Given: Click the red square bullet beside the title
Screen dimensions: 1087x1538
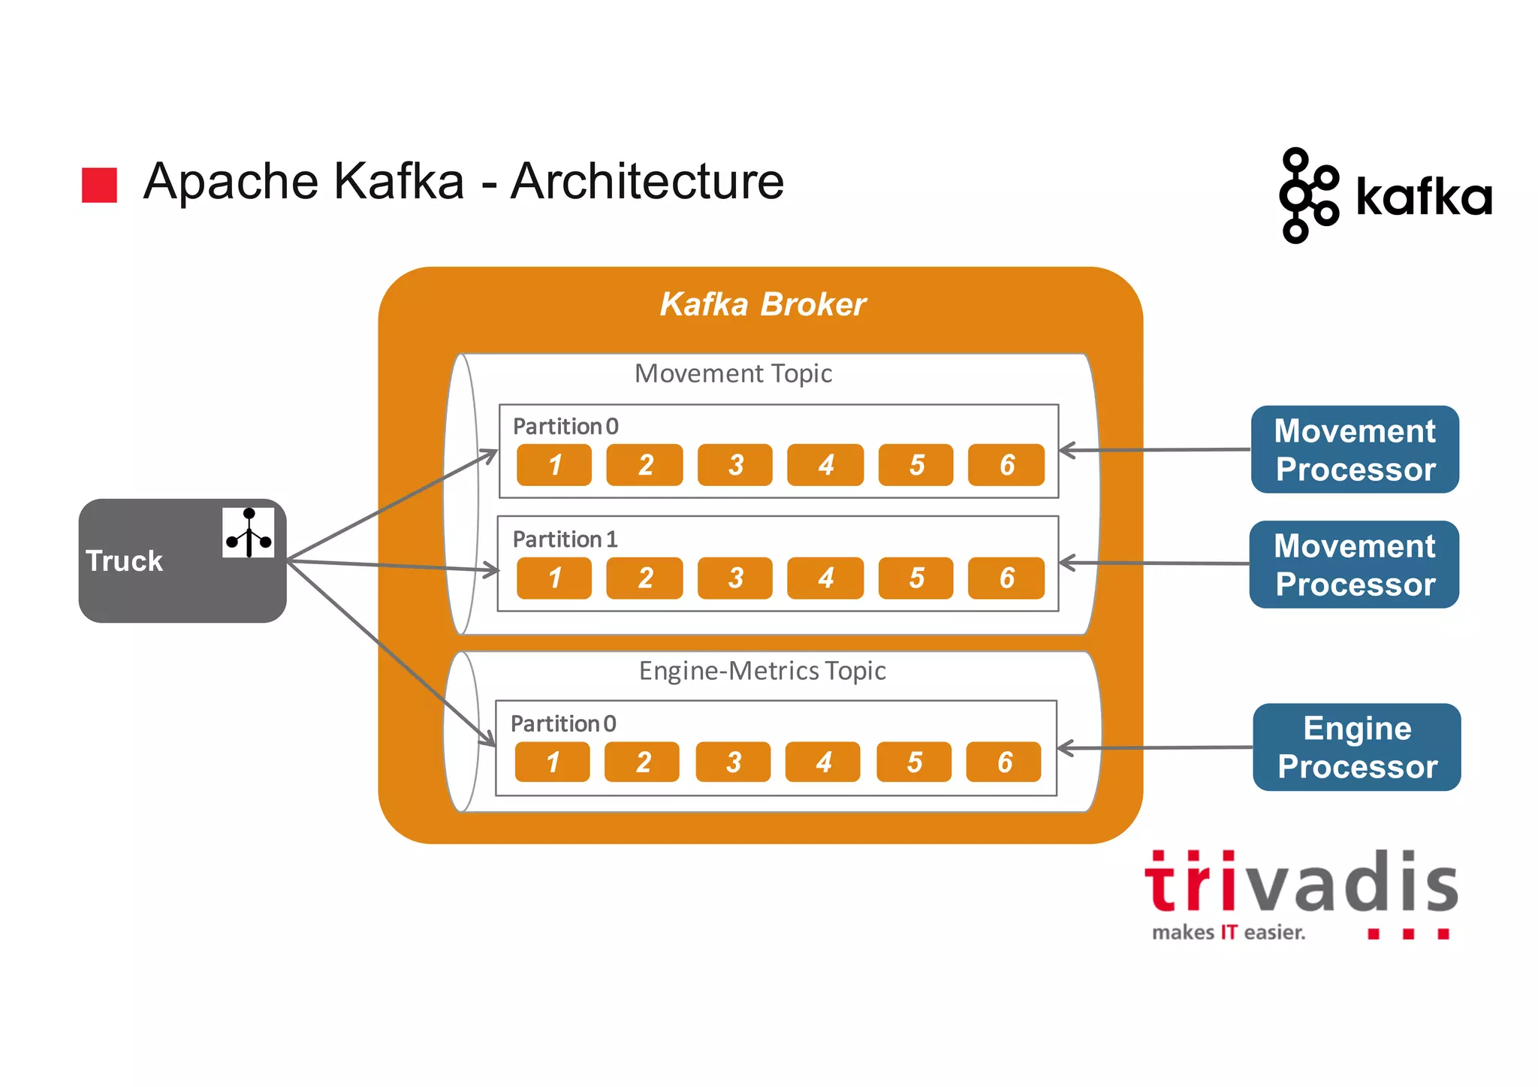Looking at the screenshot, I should coord(99,185).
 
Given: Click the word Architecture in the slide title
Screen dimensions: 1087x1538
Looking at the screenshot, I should coord(647,182).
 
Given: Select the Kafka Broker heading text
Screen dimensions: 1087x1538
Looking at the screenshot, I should coord(762,304).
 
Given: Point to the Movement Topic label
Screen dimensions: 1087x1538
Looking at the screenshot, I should coord(733,373).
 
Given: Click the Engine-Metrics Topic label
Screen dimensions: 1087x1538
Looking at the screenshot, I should coord(761,671).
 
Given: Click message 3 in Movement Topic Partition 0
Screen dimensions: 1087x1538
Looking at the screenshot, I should coord(734,465).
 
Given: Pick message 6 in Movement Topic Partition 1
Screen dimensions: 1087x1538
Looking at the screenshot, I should coord(1006,578).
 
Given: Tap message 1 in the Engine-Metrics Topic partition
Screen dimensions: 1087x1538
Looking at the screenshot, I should coord(552,762).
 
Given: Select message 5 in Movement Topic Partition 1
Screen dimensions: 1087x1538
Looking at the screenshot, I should coord(915,578).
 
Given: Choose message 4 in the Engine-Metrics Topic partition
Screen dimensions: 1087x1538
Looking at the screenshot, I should coord(822,762).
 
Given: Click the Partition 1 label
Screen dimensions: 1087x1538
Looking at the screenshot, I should coord(565,539).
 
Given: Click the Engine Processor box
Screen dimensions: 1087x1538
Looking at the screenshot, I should coord(1356,747).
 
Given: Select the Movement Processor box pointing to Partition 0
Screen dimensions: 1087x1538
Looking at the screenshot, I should coord(1355,450).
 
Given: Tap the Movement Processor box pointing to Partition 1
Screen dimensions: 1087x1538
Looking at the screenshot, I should coord(1354,565).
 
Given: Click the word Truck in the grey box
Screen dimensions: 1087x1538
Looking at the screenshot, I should coord(124,561).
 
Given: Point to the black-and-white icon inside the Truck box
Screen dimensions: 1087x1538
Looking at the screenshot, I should coord(248,533).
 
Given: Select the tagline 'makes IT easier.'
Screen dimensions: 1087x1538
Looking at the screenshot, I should coord(1229,933).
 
